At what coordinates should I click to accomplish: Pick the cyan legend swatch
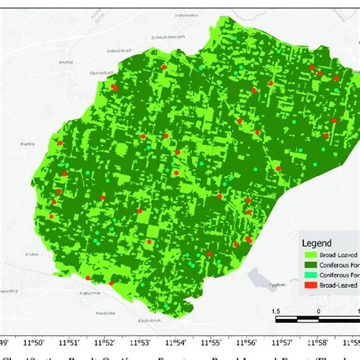(309, 276)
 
